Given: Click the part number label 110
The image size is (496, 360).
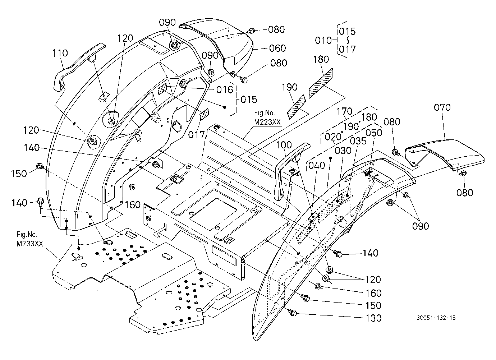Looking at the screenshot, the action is coord(60,53).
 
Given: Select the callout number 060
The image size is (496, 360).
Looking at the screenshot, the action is coord(277,48).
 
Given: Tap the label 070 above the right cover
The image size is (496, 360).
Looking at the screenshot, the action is coord(442,107).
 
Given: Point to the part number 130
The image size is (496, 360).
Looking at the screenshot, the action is coord(373,318).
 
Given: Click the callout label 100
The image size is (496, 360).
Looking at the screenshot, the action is coord(284,145).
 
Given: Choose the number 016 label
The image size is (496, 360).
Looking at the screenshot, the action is coord(225,90).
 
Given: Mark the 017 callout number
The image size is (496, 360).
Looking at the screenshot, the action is coord(196,135).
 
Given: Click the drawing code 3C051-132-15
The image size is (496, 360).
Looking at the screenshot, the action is coord(436,318).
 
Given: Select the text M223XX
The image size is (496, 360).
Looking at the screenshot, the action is coord(267,122).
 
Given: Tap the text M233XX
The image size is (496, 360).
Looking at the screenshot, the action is coord(30,244).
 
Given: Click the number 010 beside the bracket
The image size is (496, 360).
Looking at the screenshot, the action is coord(323,41).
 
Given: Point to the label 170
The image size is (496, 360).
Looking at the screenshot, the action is coord(345,111).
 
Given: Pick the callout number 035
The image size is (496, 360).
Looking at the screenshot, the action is coord(358,141).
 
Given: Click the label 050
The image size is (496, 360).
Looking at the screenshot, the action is coord(374,133).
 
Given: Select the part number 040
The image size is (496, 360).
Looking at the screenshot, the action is coord(317,165).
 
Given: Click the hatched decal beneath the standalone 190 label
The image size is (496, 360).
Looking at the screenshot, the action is coord(296,107).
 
